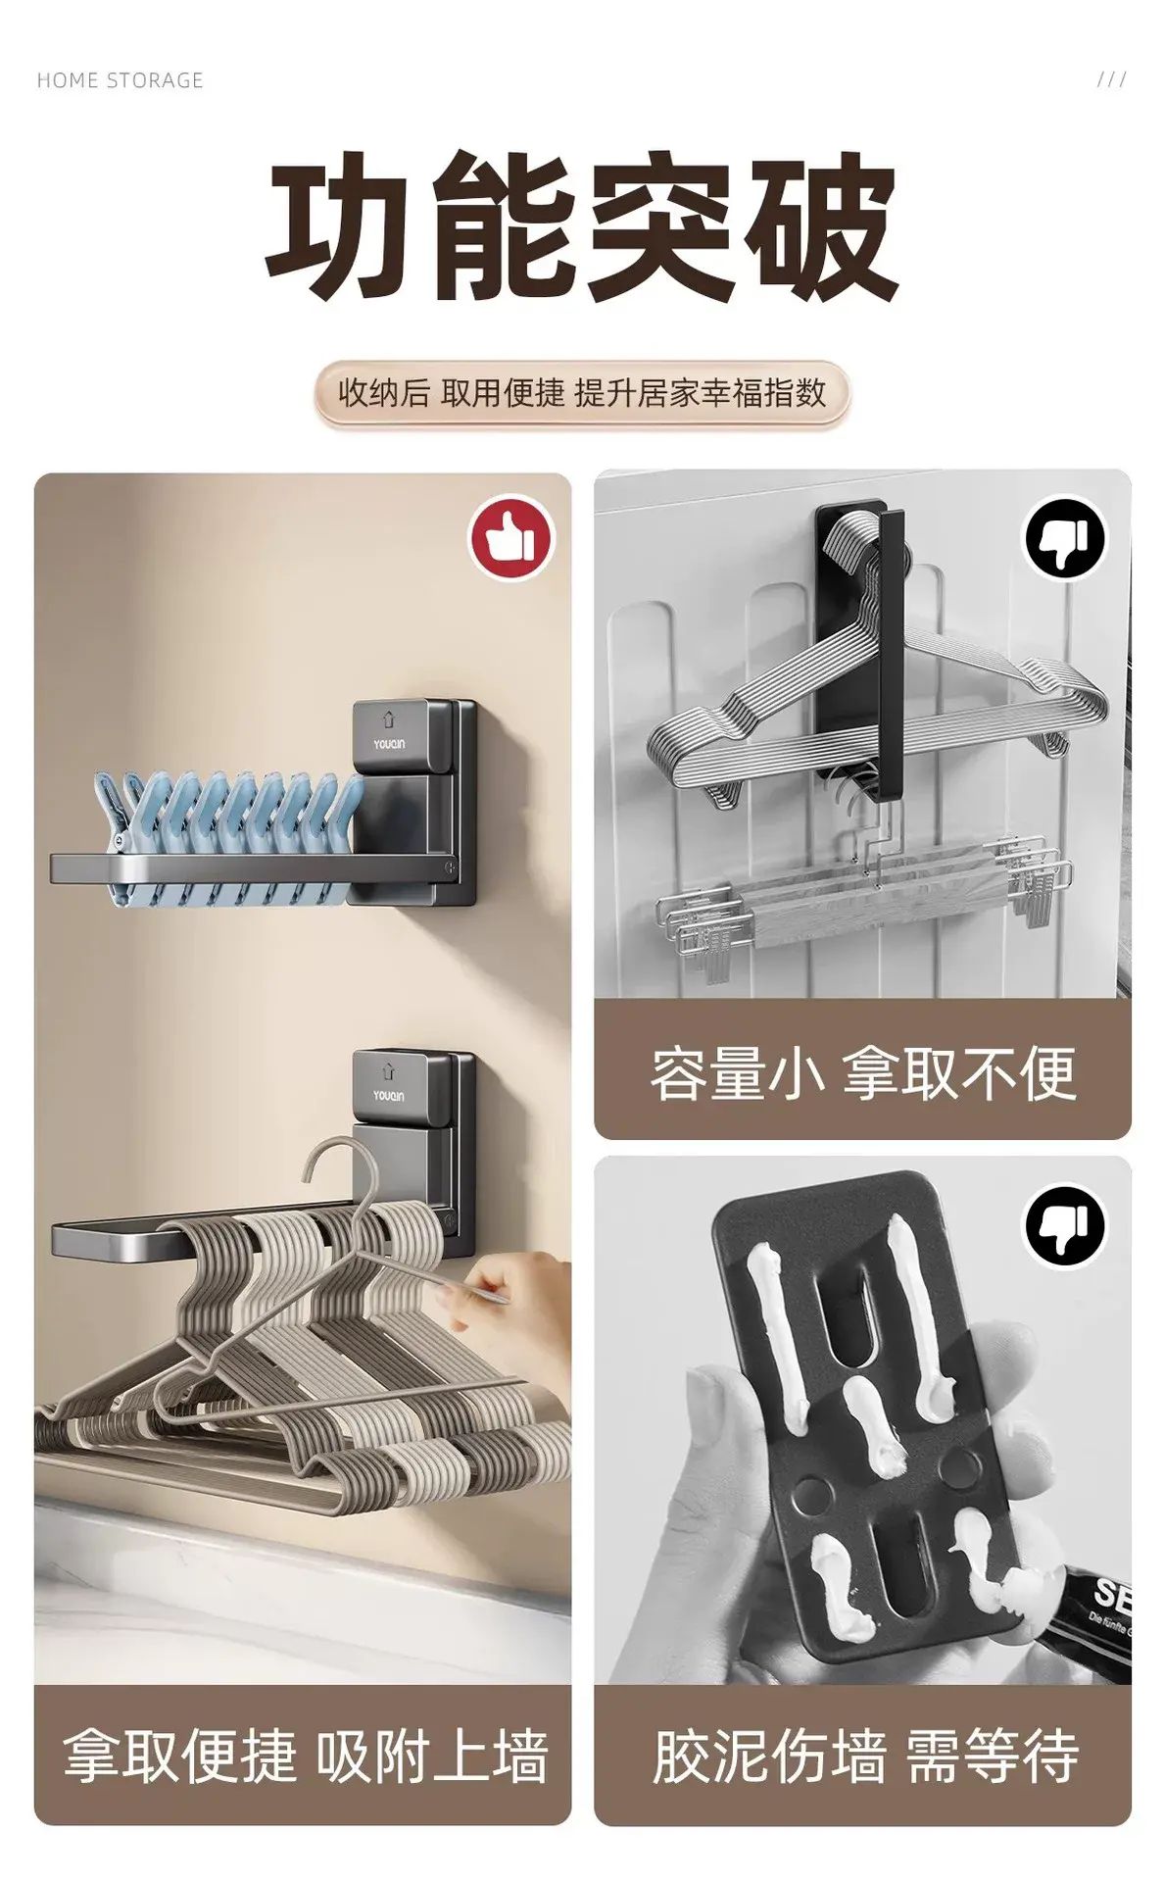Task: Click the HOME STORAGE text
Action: [x=120, y=80]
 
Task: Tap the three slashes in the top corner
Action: [x=1111, y=79]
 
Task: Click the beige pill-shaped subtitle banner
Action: [x=582, y=394]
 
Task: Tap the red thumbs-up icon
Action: [x=510, y=537]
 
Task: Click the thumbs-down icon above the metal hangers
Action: [x=1065, y=538]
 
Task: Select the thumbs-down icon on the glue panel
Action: [x=1065, y=1225]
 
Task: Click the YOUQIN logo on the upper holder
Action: [x=389, y=745]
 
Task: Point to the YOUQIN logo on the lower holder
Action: [x=389, y=1096]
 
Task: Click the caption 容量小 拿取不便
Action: [x=862, y=1073]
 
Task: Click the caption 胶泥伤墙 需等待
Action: [x=864, y=1755]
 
